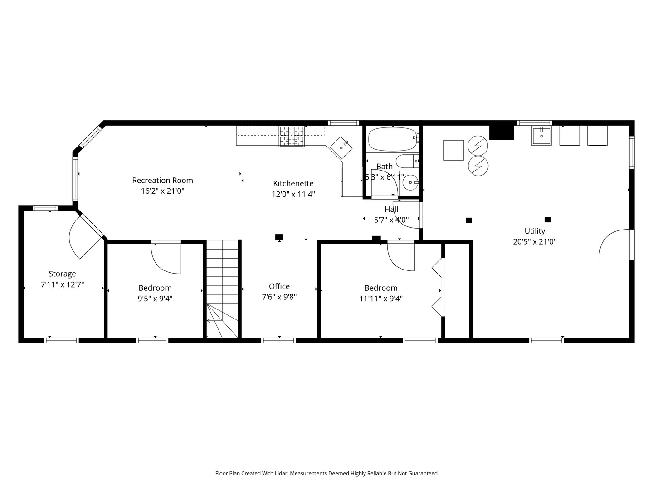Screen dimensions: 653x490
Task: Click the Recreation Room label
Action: click(x=162, y=180)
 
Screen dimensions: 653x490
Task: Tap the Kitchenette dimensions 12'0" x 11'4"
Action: click(x=293, y=194)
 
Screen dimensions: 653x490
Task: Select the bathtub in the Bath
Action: click(x=393, y=139)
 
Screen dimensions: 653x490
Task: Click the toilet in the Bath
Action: click(x=407, y=161)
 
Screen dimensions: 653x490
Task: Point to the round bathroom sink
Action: click(x=410, y=182)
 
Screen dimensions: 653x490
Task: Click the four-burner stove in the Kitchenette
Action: click(x=292, y=137)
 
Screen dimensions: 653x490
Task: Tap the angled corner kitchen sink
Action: click(x=341, y=147)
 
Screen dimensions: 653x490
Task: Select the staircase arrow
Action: click(x=214, y=320)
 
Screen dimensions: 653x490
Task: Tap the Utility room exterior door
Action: click(x=614, y=245)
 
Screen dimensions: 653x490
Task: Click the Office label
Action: click(x=279, y=286)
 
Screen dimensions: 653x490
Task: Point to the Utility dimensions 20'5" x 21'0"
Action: click(x=535, y=241)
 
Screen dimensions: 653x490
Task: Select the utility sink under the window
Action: click(x=541, y=136)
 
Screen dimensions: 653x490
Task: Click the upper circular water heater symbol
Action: click(x=478, y=146)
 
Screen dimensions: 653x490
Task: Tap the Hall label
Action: click(x=391, y=209)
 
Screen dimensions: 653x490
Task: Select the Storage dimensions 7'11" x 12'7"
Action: click(x=62, y=285)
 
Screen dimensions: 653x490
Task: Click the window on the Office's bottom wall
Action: click(x=279, y=340)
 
